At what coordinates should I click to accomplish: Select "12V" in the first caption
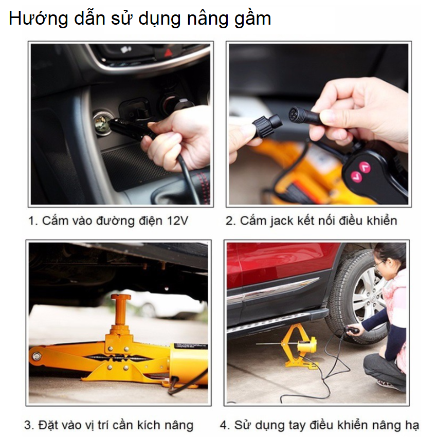[177, 221]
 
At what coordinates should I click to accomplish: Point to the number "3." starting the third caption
[29, 425]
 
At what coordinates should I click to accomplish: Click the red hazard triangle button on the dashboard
[168, 52]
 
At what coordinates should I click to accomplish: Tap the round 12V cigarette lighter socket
[101, 123]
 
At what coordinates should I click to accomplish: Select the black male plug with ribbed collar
[267, 126]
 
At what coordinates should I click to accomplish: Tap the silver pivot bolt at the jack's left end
[37, 356]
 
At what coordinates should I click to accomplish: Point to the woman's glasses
[379, 263]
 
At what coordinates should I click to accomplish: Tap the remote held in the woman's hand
[351, 331]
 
